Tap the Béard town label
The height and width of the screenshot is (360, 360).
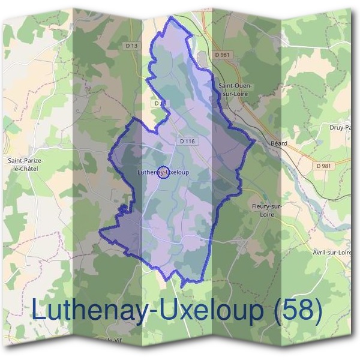point(279,143)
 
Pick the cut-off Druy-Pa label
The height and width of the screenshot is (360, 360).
point(340,127)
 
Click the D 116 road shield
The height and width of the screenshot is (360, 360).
point(187,141)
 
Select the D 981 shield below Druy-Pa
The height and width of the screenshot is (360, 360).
point(323,166)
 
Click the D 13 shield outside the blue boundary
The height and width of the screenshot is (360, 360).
point(133,46)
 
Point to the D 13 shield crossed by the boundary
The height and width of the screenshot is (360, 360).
point(159,103)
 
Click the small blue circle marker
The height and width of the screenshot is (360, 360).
point(162,173)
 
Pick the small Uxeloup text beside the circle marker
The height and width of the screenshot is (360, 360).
point(178,173)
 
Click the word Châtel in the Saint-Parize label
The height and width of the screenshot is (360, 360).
point(25,169)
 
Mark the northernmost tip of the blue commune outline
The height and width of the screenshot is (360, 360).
point(172,17)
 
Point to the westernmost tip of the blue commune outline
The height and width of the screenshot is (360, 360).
point(100,231)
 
